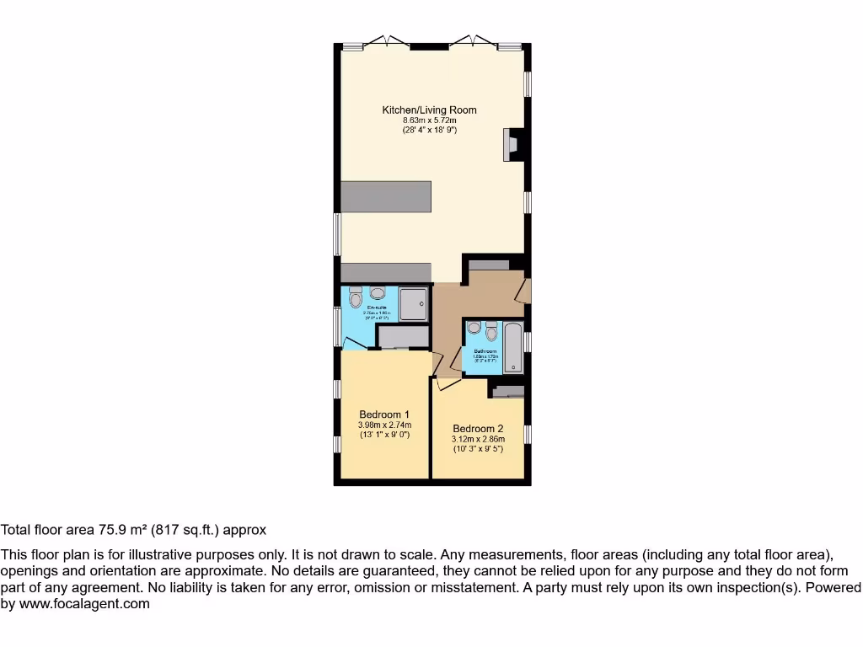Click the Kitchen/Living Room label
click(x=429, y=110)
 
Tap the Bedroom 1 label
click(x=384, y=414)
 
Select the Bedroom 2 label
click(x=478, y=428)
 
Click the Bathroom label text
click(x=485, y=350)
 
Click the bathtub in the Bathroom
click(x=512, y=347)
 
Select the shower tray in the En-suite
click(x=414, y=303)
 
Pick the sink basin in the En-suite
click(x=377, y=293)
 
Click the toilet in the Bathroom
click(x=492, y=329)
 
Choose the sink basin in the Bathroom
click(x=474, y=328)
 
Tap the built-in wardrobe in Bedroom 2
click(x=507, y=391)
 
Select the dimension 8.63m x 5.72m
click(x=429, y=120)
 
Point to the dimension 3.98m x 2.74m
click(x=384, y=425)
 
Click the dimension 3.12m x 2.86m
click(x=478, y=439)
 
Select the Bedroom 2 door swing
click(x=445, y=383)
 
